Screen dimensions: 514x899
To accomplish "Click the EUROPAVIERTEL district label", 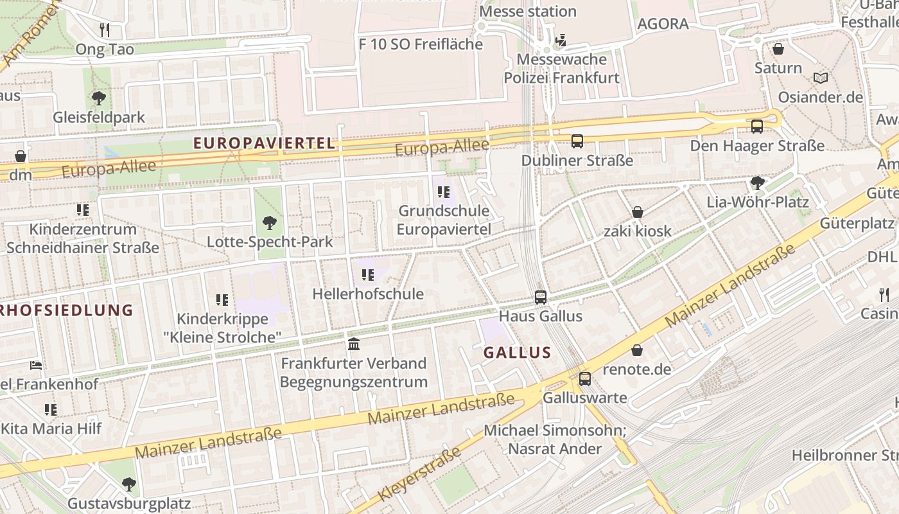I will pos(265,143).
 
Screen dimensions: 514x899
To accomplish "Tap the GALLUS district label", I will pos(517,352).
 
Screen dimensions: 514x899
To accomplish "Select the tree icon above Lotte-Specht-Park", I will pos(270,223).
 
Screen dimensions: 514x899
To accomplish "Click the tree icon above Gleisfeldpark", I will pos(99,98).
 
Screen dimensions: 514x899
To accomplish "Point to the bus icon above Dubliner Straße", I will pos(577,141).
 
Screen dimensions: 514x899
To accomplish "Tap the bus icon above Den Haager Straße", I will pos(757,127).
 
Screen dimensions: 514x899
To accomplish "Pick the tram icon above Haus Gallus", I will pos(541,297).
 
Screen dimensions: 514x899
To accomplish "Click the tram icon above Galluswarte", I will pos(584,378).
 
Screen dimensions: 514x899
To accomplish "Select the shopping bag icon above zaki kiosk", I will pos(638,212).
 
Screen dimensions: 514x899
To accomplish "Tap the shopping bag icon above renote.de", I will pos(636,350).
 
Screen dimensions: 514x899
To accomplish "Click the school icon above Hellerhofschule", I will pos(368,275).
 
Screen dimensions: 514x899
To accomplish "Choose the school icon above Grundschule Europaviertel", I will pos(443,191).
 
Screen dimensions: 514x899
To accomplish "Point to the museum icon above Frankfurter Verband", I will pos(354,344).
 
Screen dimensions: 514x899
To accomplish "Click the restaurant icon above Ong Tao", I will pos(105,30).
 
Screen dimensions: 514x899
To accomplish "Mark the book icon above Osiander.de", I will pos(820,78).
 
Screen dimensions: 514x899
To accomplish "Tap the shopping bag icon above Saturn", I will pos(778,49).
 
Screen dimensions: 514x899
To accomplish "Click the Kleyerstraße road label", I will pos(421,474).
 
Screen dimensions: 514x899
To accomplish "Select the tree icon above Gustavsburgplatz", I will pos(129,484).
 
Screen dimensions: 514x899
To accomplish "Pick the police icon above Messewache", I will pos(561,40).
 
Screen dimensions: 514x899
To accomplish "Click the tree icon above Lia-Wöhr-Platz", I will pos(758,182).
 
